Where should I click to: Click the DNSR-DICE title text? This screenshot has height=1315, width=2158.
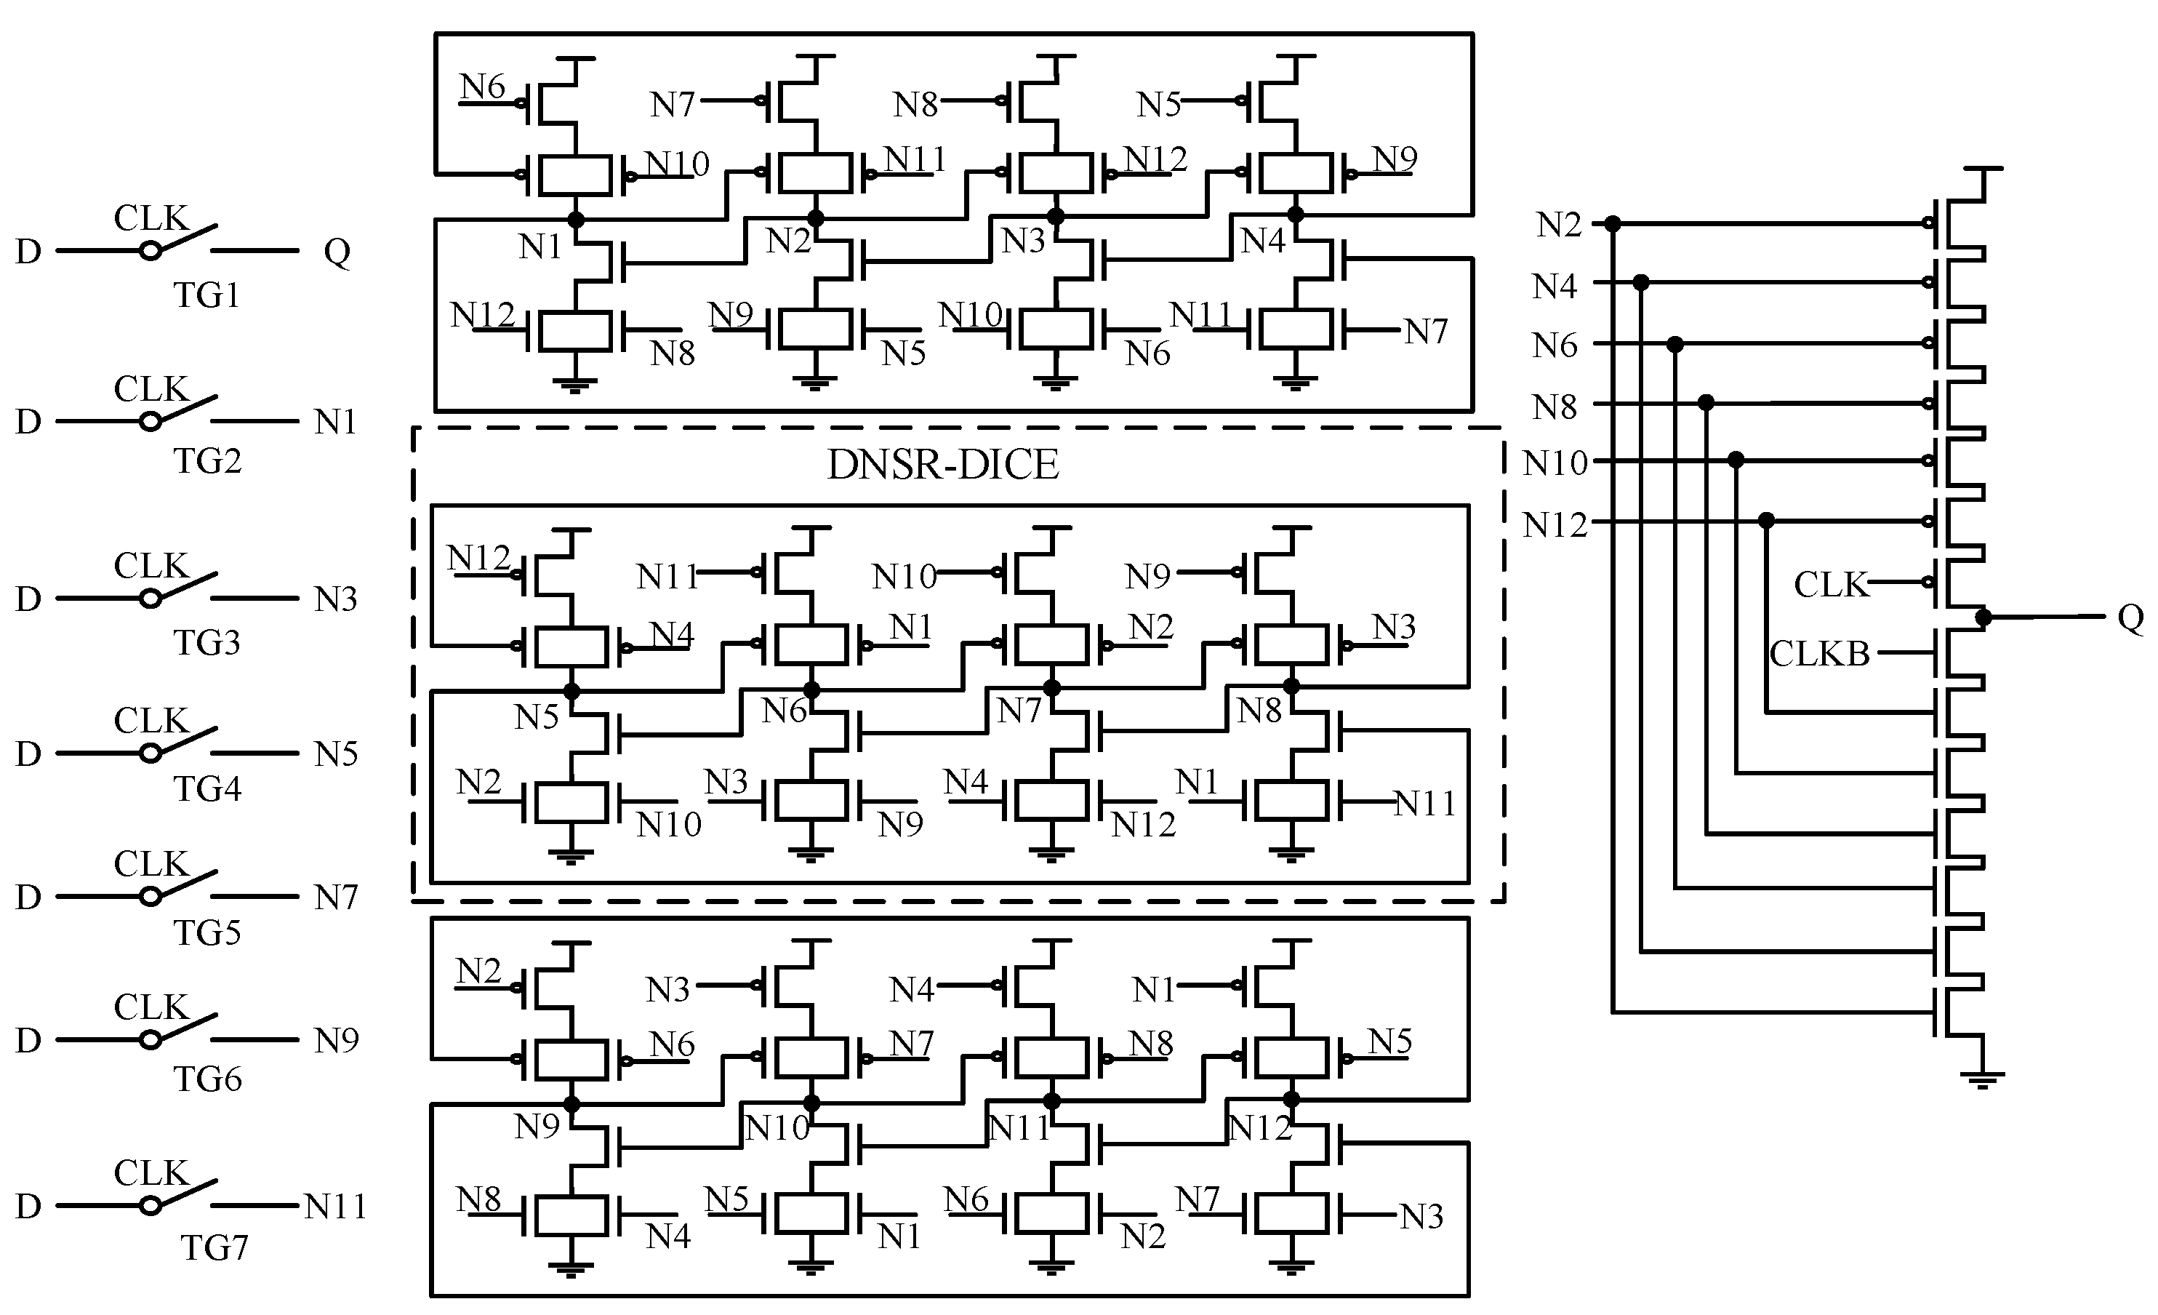click(x=942, y=464)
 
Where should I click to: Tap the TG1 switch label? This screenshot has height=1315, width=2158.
click(x=206, y=295)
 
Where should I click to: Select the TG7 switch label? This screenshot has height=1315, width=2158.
click(x=214, y=1247)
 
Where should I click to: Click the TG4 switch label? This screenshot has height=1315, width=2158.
click(x=206, y=789)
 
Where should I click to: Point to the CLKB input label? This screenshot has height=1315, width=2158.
click(x=1819, y=654)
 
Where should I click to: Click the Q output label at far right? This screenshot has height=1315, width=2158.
click(x=2130, y=617)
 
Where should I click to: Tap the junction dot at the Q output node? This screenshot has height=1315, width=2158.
click(x=1983, y=617)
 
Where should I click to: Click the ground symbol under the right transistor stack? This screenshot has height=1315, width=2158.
click(x=1982, y=1079)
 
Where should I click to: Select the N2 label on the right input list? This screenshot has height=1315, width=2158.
click(x=1558, y=225)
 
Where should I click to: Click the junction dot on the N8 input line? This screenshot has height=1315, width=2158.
click(x=1705, y=403)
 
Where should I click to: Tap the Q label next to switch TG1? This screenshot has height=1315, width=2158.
click(x=337, y=252)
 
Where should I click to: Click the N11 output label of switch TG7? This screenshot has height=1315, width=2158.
click(x=335, y=1207)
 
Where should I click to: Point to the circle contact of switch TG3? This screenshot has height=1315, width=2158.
click(x=151, y=599)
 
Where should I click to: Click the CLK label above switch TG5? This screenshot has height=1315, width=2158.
click(x=151, y=864)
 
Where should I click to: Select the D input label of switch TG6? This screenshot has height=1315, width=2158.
click(x=28, y=1040)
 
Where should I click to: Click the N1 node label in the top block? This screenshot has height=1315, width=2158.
click(x=539, y=247)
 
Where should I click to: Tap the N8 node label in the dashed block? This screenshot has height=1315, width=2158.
click(x=1259, y=711)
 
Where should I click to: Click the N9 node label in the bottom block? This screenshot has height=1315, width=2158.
click(x=536, y=1127)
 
